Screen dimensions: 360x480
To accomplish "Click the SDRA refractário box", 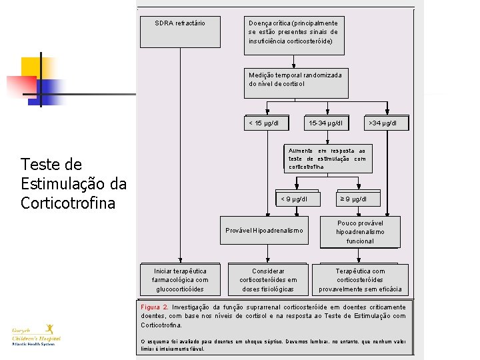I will pos(179,31).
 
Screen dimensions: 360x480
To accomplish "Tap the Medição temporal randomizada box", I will pos(295,79).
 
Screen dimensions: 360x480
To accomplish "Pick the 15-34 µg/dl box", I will pos(326,123).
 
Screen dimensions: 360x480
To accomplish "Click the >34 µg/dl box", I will pos(383,123).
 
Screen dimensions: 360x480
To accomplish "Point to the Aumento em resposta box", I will pos(327,159).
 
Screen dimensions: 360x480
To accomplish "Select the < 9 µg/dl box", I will pos(294,199).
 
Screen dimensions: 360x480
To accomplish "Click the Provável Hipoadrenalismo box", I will pos(264,231).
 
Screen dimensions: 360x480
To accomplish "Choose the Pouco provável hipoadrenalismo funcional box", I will pos(360,231).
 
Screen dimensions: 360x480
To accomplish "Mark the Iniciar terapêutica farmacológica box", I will pos(180,279).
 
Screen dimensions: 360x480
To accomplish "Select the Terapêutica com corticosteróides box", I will pos(360,279).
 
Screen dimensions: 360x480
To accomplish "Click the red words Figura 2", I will pos(155,307).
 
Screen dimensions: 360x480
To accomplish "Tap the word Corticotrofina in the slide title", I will pos(68,203).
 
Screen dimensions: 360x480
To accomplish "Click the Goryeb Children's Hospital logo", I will pos(36,334).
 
